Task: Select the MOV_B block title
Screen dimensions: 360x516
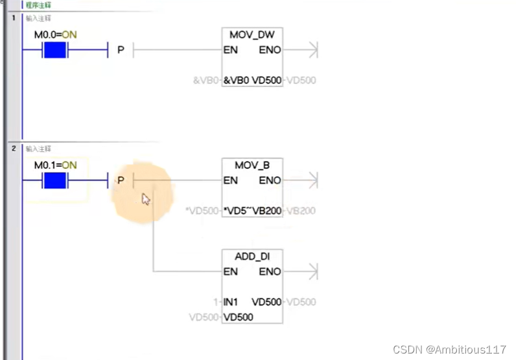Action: point(252,165)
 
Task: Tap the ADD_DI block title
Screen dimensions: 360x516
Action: point(252,257)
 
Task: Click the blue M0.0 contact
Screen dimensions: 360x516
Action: point(55,50)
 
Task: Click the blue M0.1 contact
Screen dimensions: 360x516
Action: point(55,181)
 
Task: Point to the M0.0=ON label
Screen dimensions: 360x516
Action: point(55,34)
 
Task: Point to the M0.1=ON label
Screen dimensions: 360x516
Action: point(55,165)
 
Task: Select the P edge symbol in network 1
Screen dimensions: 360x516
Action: point(120,50)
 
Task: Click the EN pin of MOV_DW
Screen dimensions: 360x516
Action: point(230,50)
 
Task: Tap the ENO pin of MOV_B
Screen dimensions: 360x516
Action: point(270,181)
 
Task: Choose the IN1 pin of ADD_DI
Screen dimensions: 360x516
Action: point(231,302)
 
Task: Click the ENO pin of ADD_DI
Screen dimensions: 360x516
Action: point(270,272)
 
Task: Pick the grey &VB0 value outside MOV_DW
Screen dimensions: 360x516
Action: point(206,81)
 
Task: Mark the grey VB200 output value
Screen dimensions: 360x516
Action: point(301,211)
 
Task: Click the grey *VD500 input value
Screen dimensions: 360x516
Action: point(201,211)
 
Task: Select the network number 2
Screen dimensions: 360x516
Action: point(13,149)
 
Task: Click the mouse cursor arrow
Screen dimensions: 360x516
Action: point(146,199)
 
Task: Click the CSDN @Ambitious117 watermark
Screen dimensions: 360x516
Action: point(449,350)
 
